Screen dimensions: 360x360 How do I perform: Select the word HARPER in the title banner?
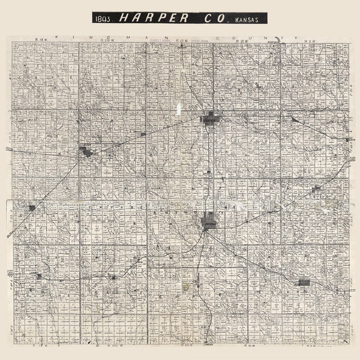tap(152, 18)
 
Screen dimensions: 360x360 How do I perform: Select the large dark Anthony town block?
tap(209, 221)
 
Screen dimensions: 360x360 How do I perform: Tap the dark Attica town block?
tap(86, 151)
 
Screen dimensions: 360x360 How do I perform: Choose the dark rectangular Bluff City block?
tap(304, 281)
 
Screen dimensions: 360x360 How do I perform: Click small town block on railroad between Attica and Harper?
tap(143, 134)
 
